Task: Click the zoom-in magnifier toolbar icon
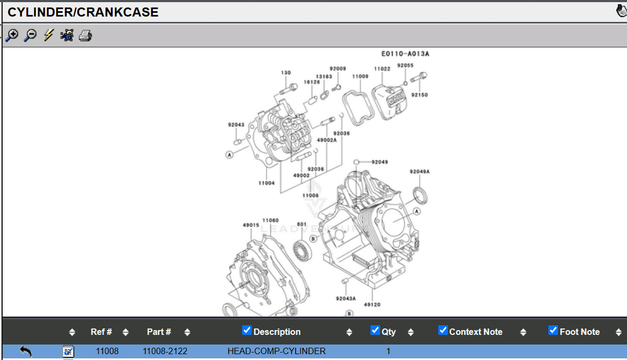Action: pos(11,35)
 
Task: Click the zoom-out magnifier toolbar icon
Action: pos(30,35)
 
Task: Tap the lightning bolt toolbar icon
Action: pos(49,35)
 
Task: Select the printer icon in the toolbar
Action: pos(86,36)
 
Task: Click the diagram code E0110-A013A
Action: pos(405,54)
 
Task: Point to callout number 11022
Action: pos(382,69)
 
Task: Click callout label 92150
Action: pos(420,95)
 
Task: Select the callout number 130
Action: pos(286,73)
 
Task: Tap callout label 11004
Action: pos(266,183)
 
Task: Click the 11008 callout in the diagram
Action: pos(311,195)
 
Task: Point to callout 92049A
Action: pos(420,171)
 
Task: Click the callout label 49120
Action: pos(372,305)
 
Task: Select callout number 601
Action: pos(301,224)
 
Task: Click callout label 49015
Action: pos(251,225)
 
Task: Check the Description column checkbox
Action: pos(246,330)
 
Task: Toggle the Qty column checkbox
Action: pos(375,330)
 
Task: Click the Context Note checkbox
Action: pos(443,330)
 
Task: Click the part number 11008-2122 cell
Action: pos(165,351)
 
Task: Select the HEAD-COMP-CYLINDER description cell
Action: pos(276,351)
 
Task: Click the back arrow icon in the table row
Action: pos(26,351)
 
